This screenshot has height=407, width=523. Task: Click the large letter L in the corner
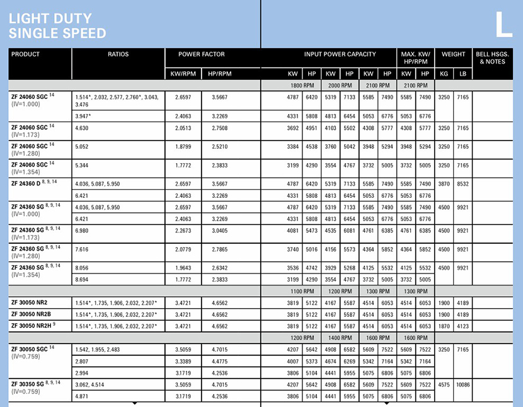[503, 25]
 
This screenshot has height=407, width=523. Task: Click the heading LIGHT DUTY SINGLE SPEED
[57, 26]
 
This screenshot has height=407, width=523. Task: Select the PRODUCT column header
[25, 55]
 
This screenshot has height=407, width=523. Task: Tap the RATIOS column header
[118, 55]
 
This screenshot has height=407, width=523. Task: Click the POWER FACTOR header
[198, 55]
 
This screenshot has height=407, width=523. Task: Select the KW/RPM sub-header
[183, 74]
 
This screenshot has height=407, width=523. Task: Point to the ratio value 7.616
[83, 249]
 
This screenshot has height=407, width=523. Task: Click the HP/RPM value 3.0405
[220, 231]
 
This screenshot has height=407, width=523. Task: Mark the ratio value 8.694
[83, 279]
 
